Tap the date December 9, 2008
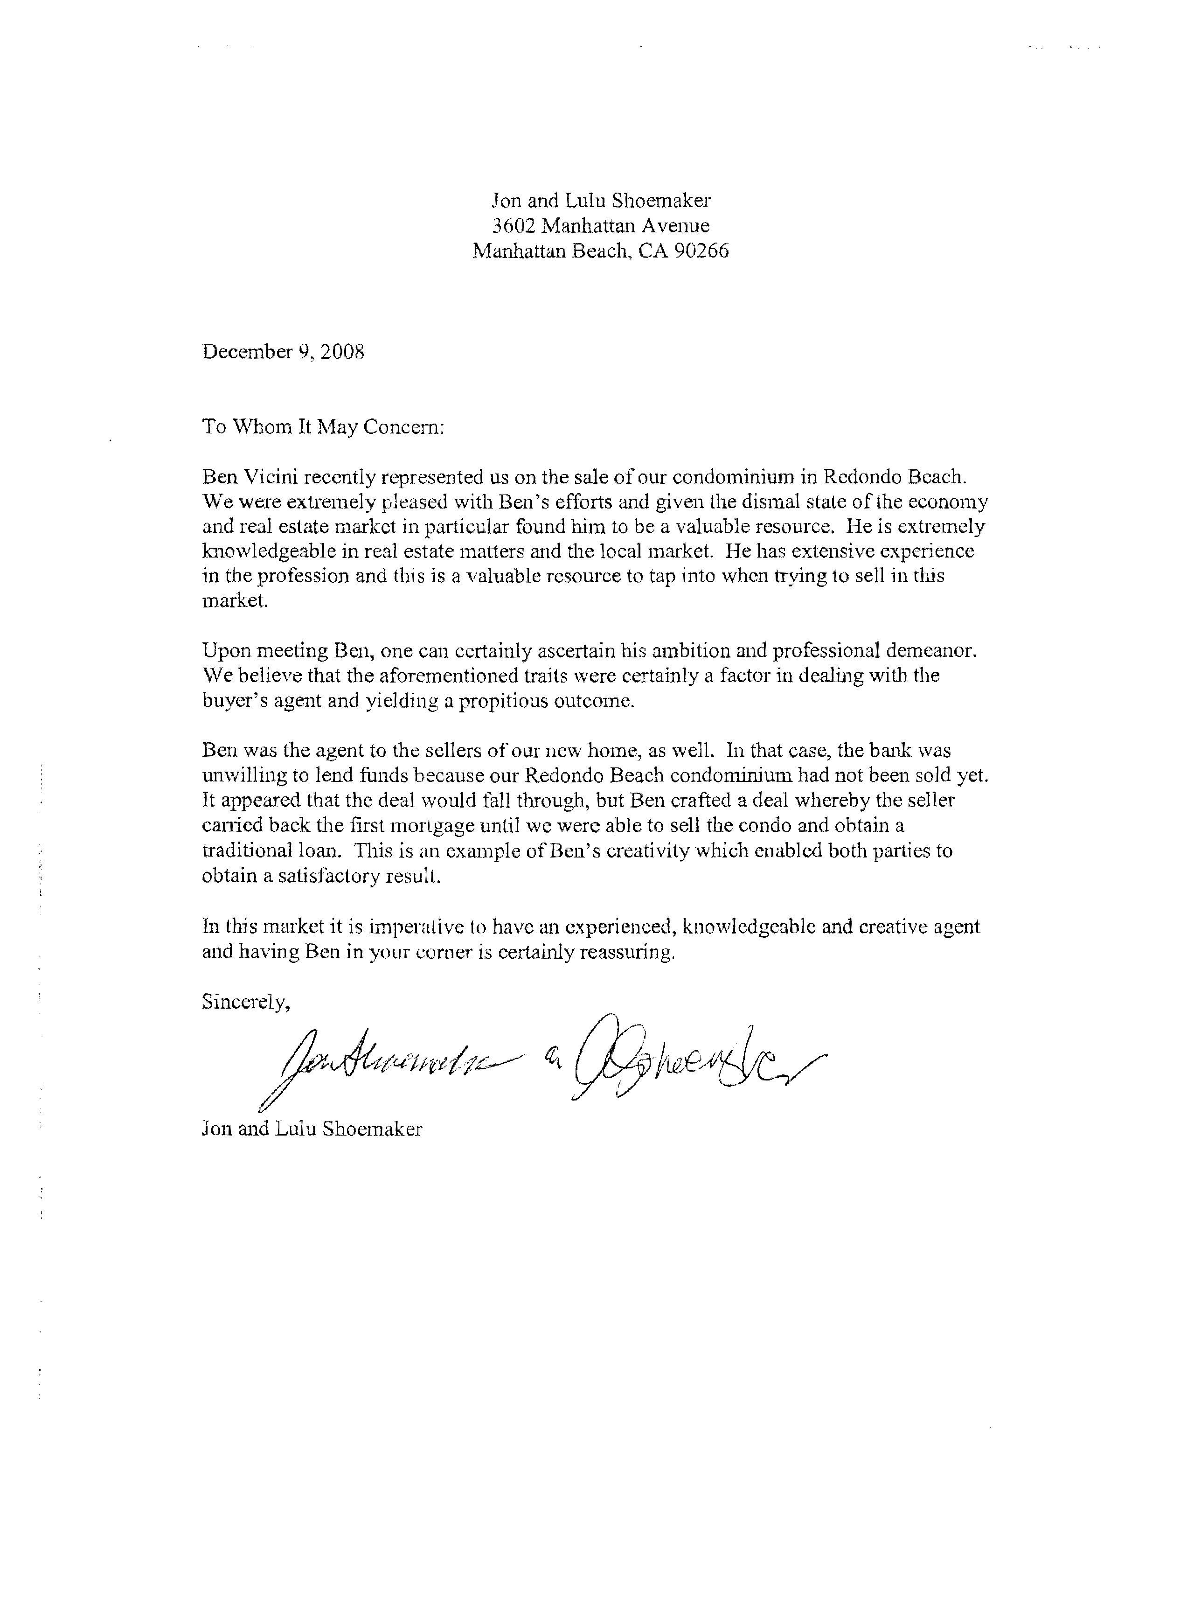(x=284, y=352)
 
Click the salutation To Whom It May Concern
(x=324, y=427)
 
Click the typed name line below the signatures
(x=312, y=1129)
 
